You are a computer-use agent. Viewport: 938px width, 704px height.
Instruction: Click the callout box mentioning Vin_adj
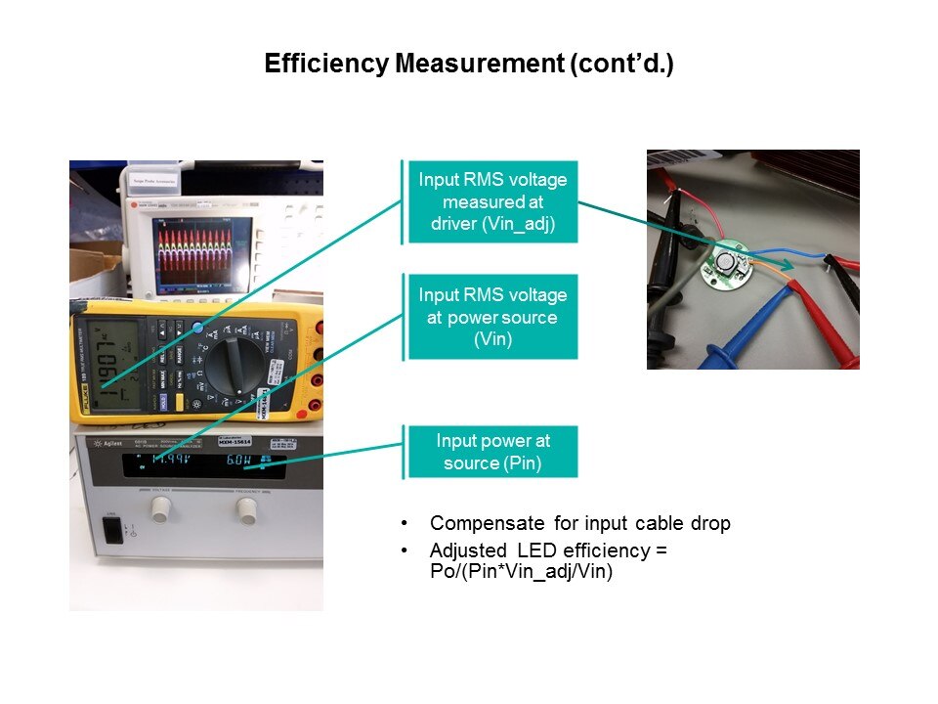click(492, 202)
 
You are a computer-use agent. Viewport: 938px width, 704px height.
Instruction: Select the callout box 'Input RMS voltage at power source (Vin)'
click(492, 317)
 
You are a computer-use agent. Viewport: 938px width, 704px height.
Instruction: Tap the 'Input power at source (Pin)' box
click(492, 452)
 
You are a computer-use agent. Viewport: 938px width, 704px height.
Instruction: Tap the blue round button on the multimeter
click(199, 329)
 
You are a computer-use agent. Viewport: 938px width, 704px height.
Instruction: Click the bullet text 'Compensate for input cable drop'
click(579, 523)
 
